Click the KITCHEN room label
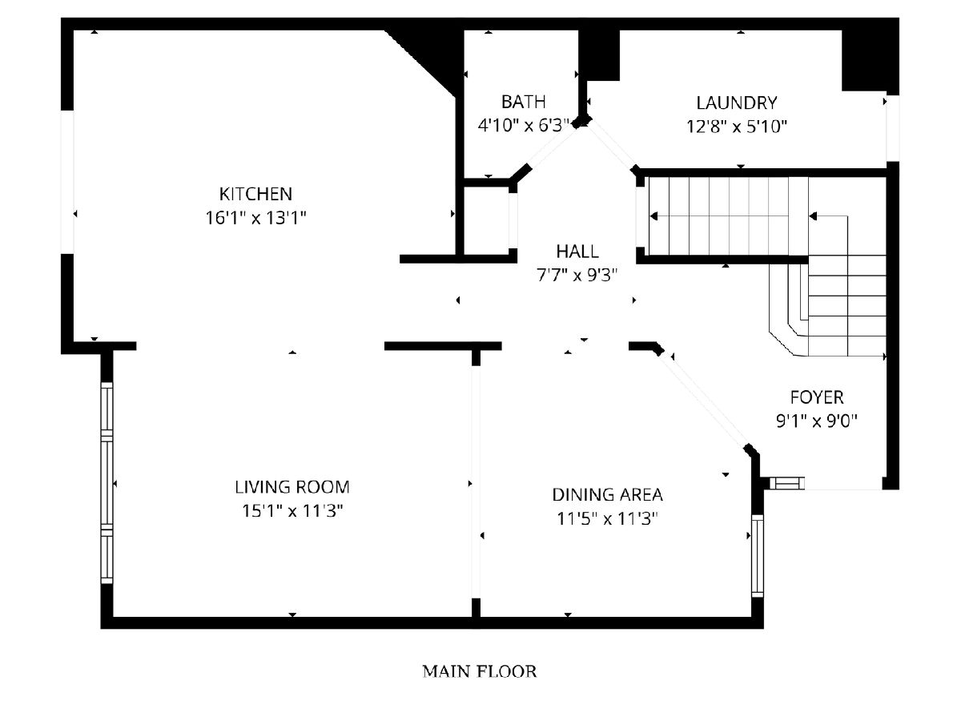pyautogui.click(x=255, y=194)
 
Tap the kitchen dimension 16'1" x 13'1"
pyautogui.click(x=255, y=218)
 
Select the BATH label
pyautogui.click(x=523, y=102)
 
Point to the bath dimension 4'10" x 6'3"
pyautogui.click(x=523, y=126)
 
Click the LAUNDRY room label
pyautogui.click(x=737, y=103)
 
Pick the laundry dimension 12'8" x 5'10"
pyautogui.click(x=737, y=127)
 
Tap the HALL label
pyautogui.click(x=577, y=252)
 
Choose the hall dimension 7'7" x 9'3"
pyautogui.click(x=577, y=276)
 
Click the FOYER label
pyautogui.click(x=817, y=397)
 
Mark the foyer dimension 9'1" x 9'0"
pyautogui.click(x=817, y=421)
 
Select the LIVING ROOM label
pyautogui.click(x=292, y=487)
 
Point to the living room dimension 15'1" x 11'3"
pyautogui.click(x=292, y=511)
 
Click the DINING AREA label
pyautogui.click(x=607, y=494)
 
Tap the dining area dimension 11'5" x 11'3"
pyautogui.click(x=607, y=519)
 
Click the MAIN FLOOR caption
pyautogui.click(x=480, y=671)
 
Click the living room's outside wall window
pyautogui.click(x=107, y=483)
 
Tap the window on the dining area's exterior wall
pyautogui.click(x=758, y=556)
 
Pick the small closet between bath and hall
pyautogui.click(x=486, y=220)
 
